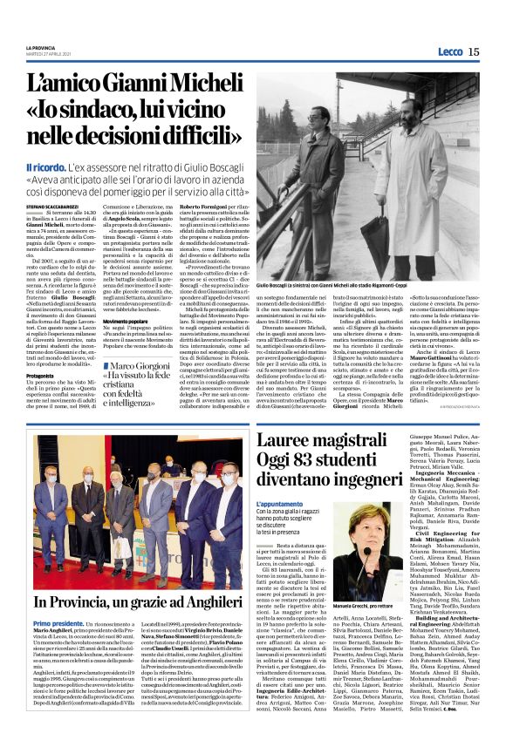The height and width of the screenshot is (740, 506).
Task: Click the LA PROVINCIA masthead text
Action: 41,47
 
